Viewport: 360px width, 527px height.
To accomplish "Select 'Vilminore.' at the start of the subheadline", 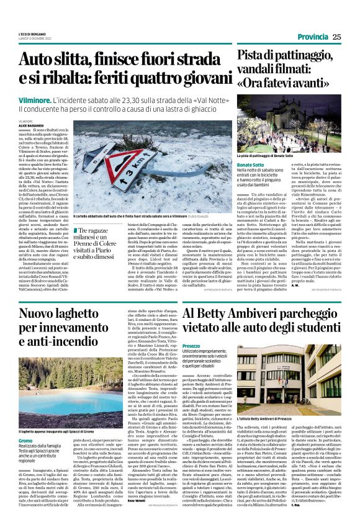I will tap(34, 99).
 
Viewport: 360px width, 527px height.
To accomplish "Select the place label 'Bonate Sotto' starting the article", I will tap(250, 163).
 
